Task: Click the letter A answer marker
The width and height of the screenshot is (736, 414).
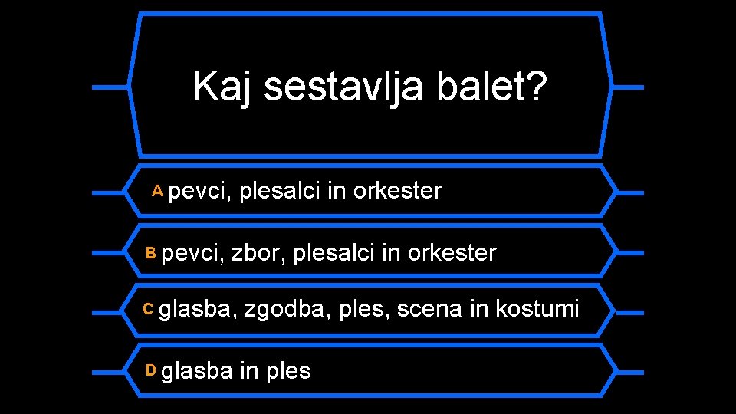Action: [x=157, y=189]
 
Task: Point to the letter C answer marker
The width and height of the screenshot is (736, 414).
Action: [x=149, y=308]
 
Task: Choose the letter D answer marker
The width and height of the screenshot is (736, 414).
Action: [x=151, y=370]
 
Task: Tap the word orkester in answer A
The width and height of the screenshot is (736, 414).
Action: [x=397, y=190]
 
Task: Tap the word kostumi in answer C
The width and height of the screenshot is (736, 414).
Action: [x=537, y=310]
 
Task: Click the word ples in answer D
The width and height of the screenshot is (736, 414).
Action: [x=288, y=372]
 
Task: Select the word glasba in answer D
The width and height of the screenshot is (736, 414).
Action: [x=197, y=371]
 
